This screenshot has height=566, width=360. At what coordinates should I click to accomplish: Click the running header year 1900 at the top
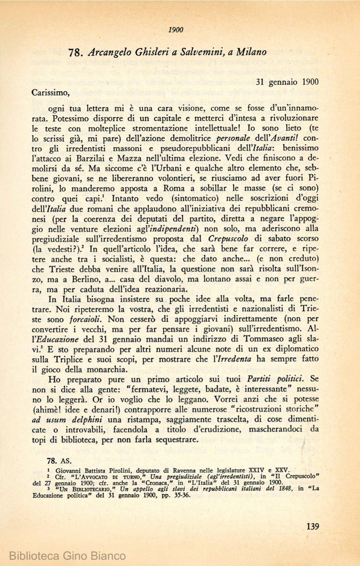tap(176, 30)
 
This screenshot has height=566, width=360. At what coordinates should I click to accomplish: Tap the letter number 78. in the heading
tap(75, 53)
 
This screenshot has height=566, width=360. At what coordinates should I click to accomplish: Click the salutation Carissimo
tap(50, 93)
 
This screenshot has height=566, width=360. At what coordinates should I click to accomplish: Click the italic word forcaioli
tap(86, 319)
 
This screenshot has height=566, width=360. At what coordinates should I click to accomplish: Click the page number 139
tap(312, 526)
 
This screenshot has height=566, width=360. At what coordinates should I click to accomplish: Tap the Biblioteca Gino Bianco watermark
tap(68, 555)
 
